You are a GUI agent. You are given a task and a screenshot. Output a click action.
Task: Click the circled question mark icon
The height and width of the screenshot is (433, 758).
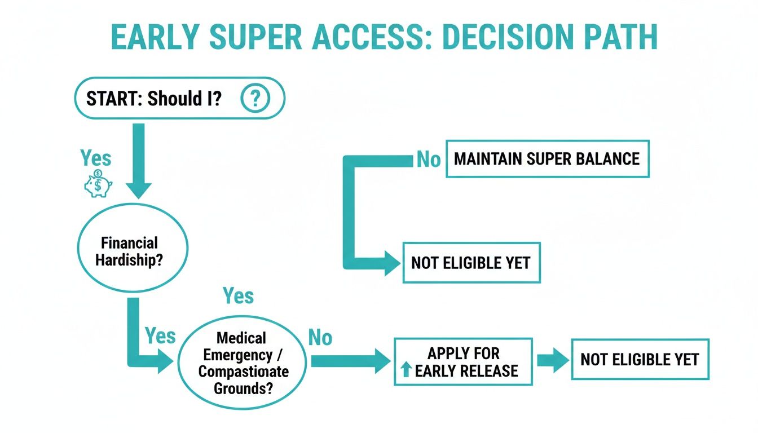point(255,99)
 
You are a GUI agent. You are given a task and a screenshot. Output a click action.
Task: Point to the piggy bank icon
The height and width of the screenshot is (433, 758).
point(98,184)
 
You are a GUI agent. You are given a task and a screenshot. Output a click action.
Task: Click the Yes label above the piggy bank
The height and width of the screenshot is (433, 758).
point(95,158)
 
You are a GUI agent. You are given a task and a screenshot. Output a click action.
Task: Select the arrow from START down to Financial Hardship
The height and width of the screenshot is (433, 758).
point(138,161)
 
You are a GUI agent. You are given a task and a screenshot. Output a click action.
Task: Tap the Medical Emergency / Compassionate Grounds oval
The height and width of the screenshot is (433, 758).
point(243,361)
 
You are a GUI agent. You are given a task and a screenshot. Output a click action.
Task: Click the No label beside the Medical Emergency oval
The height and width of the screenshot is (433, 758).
point(320,338)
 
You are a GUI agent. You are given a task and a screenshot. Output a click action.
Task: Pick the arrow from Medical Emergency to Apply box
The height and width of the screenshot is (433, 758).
point(350,361)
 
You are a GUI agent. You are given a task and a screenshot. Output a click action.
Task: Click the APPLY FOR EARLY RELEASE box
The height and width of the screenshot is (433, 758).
point(463,361)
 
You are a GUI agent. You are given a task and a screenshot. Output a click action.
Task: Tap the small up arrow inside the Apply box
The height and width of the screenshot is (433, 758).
point(406,370)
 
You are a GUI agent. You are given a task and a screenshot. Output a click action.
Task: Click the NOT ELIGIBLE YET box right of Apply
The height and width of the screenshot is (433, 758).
point(640,359)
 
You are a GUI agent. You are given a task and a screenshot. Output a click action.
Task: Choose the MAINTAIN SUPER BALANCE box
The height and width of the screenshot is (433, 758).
point(547,158)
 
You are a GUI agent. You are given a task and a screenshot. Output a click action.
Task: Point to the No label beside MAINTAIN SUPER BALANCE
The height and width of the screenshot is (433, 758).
point(429,160)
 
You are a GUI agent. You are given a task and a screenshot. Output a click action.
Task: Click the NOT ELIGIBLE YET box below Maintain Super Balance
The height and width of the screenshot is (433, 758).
point(471,263)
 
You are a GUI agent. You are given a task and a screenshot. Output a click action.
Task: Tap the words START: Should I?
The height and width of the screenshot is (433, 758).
point(153,99)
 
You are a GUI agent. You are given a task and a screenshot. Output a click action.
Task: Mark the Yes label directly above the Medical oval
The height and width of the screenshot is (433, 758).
point(238,295)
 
